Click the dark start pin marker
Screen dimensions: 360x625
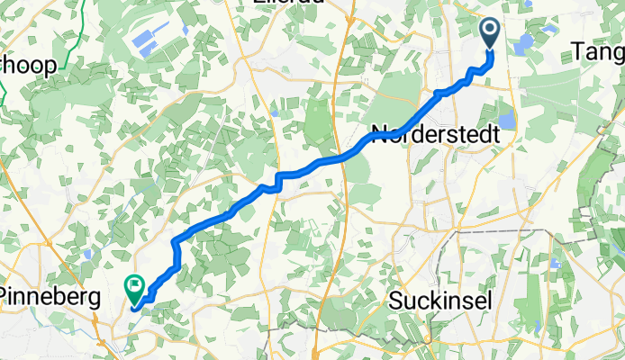[491, 33]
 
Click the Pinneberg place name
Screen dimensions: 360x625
[50, 296]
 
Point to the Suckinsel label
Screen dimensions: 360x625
[440, 301]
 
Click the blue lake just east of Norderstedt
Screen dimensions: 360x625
[505, 119]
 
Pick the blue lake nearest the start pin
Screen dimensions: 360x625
[525, 45]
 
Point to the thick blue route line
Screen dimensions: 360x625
[225, 214]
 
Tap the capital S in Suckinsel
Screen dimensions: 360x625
[397, 301]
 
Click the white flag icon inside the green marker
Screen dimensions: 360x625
[135, 287]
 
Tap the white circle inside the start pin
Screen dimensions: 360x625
[491, 30]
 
